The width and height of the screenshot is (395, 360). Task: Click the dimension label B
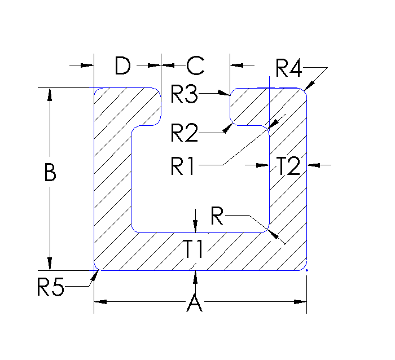50,173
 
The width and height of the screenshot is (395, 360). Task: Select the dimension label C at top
195,66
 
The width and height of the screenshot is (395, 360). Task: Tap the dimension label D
122,66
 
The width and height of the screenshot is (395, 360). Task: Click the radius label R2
185,134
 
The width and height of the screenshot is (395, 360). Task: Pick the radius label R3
185,95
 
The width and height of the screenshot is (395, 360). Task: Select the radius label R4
289,68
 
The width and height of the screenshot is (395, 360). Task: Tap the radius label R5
51,288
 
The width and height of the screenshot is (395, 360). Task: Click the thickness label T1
194,248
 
